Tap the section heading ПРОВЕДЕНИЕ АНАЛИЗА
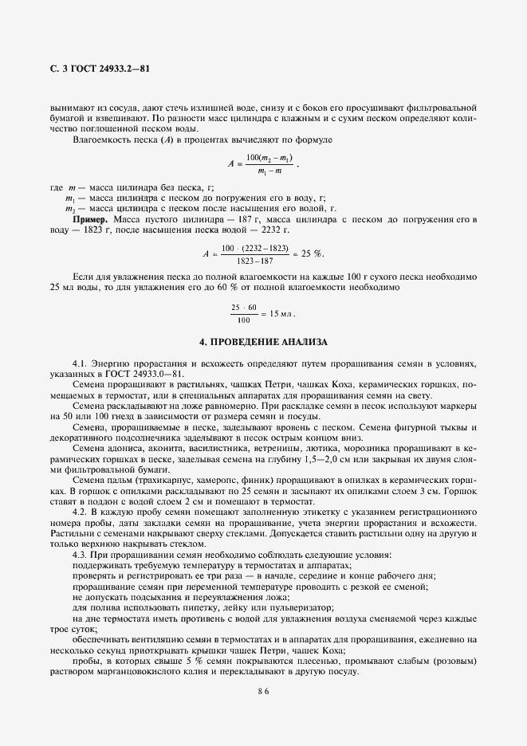click(263, 342)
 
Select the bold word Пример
click(91, 218)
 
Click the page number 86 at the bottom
click(263, 692)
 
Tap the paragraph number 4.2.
click(80, 511)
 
